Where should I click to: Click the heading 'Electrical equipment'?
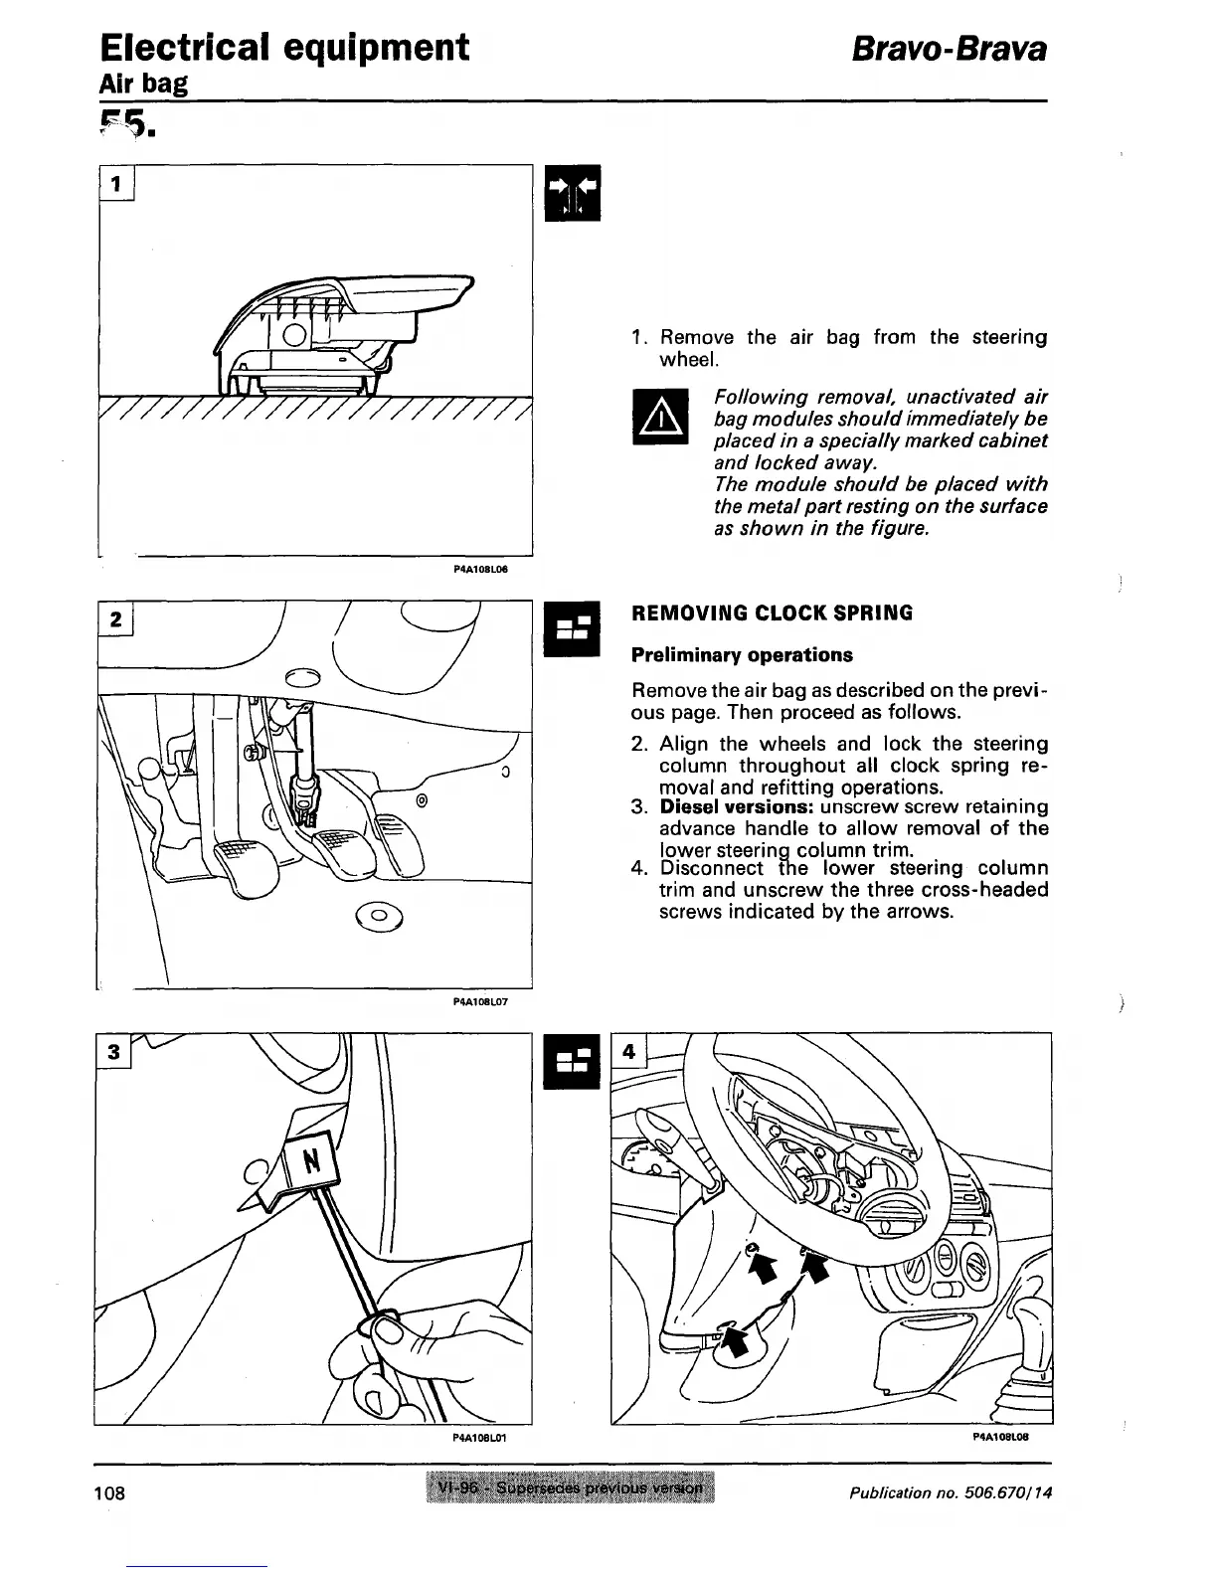coord(284,47)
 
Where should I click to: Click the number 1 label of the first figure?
coord(116,183)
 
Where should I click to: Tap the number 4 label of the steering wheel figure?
coord(628,1050)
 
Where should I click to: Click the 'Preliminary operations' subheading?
coord(742,655)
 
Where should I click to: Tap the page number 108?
coord(110,1492)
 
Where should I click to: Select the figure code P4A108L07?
coord(480,1002)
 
